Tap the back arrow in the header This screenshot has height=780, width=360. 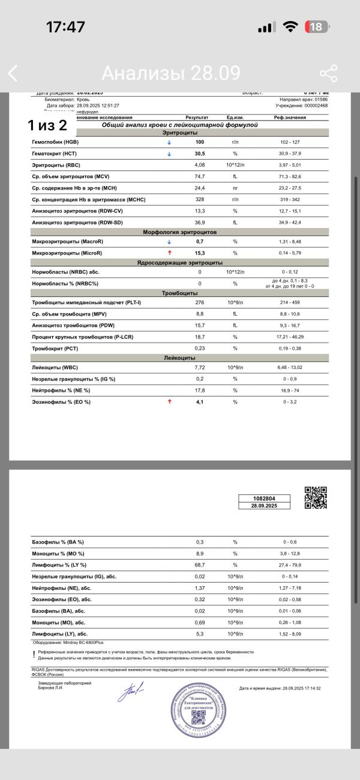[13, 74]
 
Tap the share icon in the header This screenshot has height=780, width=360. [328, 73]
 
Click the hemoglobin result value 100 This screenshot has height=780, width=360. [200, 143]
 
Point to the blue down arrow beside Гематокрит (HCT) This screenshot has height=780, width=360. [169, 154]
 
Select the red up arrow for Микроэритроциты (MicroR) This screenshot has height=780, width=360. [169, 253]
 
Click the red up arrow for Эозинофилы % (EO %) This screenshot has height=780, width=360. [169, 402]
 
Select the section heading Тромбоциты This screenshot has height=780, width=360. [180, 293]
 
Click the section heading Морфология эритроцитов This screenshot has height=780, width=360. [180, 232]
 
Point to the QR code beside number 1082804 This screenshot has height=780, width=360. [316, 497]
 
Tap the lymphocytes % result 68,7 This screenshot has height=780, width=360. [200, 565]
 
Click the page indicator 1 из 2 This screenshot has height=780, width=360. [47, 125]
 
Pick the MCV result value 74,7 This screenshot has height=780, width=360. [200, 176]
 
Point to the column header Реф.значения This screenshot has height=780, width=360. [290, 118]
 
